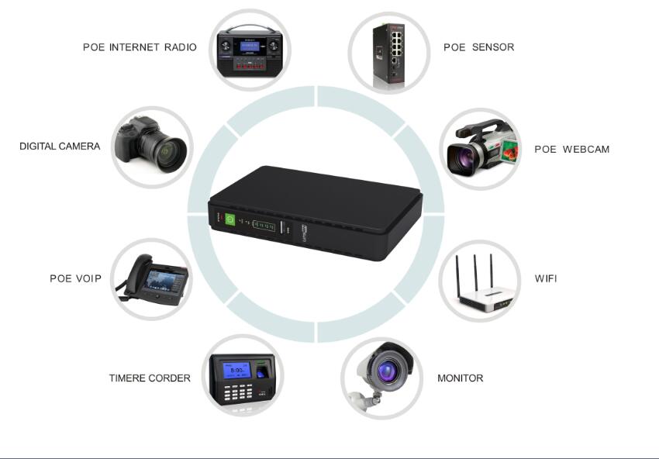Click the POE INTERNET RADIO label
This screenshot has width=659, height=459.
coord(140,47)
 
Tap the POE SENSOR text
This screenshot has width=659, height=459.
coord(478,47)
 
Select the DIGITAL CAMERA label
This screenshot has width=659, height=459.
coord(60,146)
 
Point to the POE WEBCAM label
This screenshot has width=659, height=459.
coord(571,149)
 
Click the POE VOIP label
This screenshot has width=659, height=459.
coord(75,278)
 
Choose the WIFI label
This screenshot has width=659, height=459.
coord(546,278)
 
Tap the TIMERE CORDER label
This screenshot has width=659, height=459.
coord(150,378)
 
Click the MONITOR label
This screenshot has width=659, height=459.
coord(460,378)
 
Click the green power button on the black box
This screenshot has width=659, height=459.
coord(230,219)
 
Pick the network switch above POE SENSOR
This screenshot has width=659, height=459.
coord(390,53)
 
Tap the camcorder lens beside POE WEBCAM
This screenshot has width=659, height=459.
coord(463,157)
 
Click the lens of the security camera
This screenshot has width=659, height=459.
coord(385,370)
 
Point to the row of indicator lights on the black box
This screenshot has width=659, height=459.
coord(264,226)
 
